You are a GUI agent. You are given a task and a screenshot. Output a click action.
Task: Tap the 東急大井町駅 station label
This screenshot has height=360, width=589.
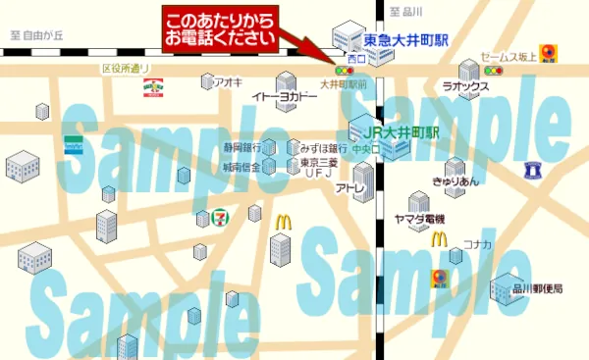click(x=405, y=40)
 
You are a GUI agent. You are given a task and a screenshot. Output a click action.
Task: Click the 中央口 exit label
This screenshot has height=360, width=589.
click(x=366, y=149)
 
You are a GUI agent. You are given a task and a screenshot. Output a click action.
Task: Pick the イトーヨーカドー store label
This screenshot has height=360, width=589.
click(x=285, y=96)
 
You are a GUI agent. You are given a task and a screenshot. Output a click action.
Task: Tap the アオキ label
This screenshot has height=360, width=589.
click(x=227, y=82)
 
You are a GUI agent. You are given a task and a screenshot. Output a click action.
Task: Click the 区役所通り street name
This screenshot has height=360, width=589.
click(x=126, y=69)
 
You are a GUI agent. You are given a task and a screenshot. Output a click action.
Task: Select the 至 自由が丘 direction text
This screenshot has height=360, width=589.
click(x=36, y=36)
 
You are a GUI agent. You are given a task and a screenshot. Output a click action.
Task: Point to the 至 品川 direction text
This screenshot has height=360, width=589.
click(x=405, y=11)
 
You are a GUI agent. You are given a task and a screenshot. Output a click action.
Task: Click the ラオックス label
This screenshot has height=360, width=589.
click(x=465, y=86)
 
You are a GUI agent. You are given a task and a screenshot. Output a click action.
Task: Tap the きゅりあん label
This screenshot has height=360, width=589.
click(x=455, y=180)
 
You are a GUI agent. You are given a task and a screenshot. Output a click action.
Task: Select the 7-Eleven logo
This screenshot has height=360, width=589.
click(x=223, y=214)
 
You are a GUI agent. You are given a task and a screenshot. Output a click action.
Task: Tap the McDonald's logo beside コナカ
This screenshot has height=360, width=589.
click(x=439, y=238)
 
